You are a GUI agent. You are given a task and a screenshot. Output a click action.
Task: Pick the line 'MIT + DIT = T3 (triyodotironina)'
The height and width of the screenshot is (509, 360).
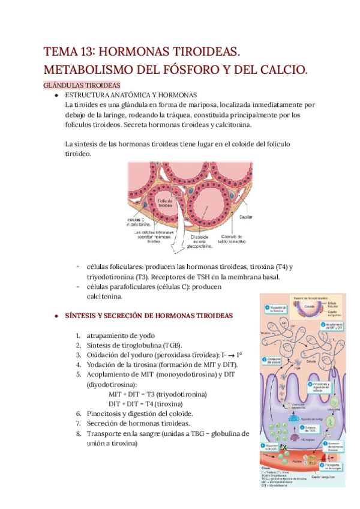pos(158,394)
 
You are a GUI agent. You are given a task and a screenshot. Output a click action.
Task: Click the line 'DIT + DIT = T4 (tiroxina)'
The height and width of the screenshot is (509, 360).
pos(149,404)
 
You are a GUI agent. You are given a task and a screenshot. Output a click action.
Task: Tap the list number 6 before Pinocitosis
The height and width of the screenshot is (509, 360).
pos(79,414)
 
